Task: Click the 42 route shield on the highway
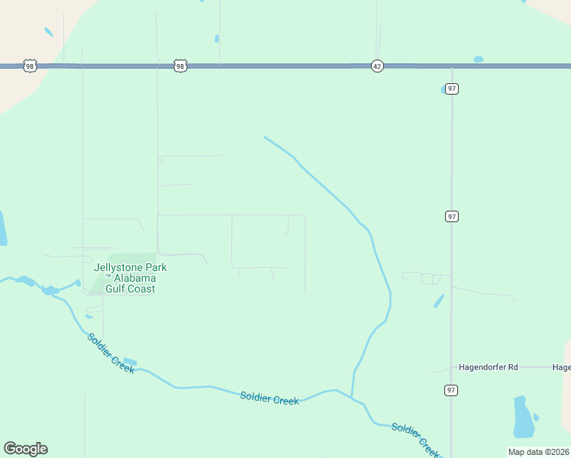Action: [x=377, y=66]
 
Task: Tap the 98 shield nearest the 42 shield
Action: [x=179, y=66]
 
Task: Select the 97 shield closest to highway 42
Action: [x=453, y=89]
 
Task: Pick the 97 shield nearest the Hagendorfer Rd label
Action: [x=451, y=390]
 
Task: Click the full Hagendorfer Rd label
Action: [x=488, y=367]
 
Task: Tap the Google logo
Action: [x=25, y=449]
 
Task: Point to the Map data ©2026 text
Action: [x=538, y=452]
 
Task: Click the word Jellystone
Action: [x=119, y=268]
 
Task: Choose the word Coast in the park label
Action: [x=142, y=289]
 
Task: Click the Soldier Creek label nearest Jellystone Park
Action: [x=111, y=353]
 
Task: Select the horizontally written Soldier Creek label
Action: [x=269, y=398]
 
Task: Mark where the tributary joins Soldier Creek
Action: [x=352, y=397]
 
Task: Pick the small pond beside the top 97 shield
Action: [x=443, y=90]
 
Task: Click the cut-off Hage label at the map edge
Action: [x=560, y=367]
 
